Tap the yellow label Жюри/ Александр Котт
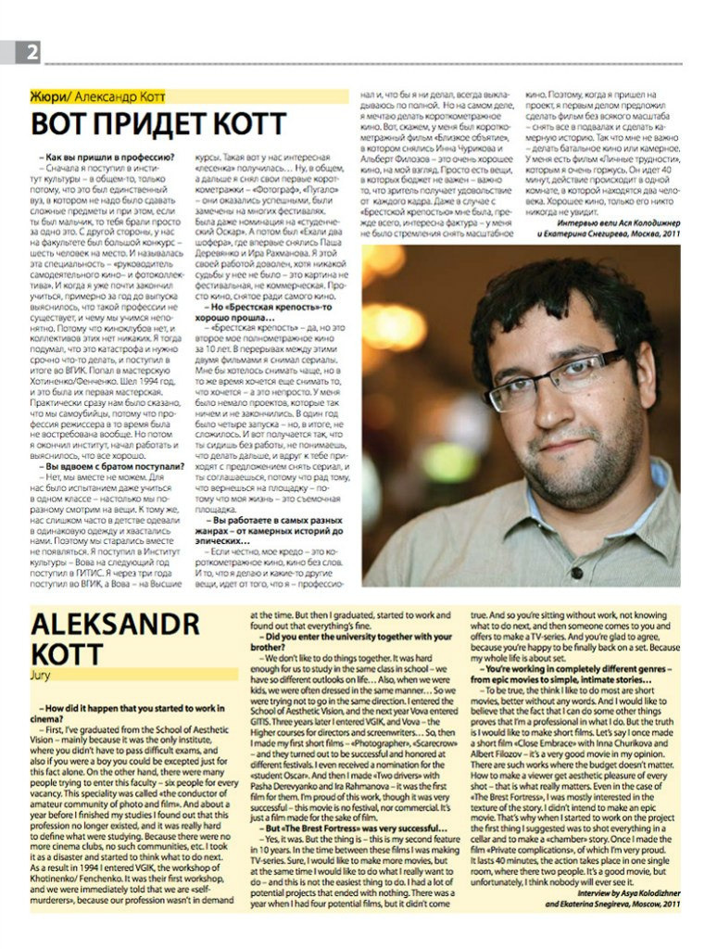[x=102, y=95]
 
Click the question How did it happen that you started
[x=130, y=711]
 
